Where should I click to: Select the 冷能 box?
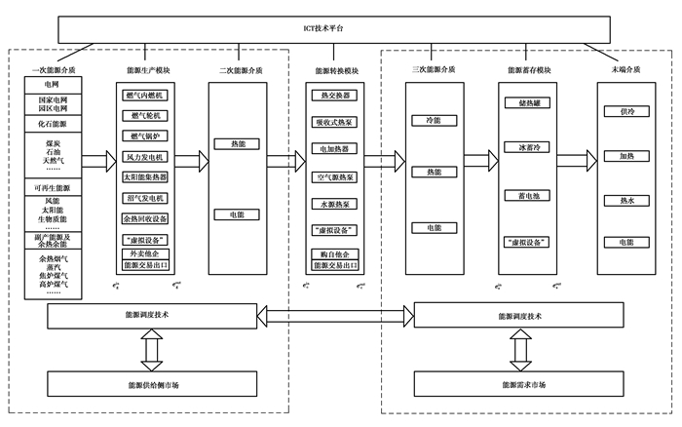pos(434,119)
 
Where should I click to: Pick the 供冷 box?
pos(620,112)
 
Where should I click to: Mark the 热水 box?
pos(620,201)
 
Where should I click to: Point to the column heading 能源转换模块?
pos(336,70)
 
